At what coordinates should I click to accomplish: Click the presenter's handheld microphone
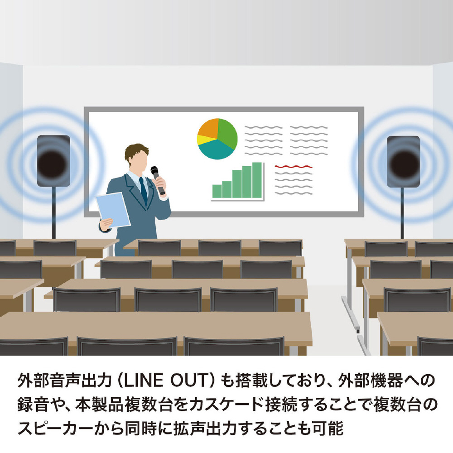point(158,180)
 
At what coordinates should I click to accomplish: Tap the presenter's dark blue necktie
point(143,191)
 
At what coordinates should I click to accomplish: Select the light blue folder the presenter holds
point(113,210)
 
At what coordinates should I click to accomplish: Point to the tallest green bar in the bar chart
point(257,180)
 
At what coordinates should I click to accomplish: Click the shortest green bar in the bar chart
point(217,191)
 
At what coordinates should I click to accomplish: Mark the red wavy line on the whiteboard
point(294,167)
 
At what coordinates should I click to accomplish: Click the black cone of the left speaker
point(53,164)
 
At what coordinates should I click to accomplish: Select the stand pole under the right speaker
point(402,213)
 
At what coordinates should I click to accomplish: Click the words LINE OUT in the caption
point(165,380)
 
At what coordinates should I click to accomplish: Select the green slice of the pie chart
point(228,133)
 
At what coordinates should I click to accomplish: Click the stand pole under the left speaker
point(54,213)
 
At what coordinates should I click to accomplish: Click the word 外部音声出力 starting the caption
point(64,380)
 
